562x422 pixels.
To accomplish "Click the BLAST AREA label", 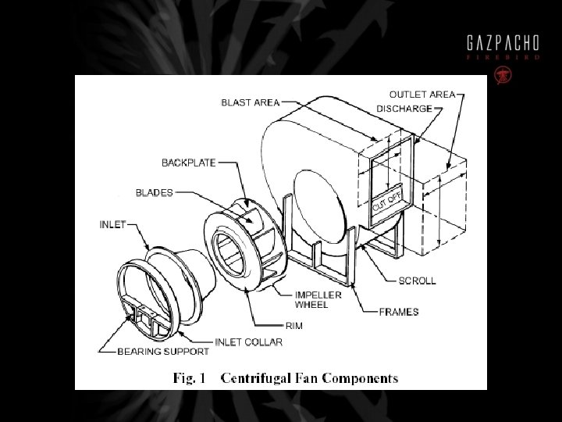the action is click(x=250, y=102).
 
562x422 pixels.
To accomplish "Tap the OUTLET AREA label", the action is click(x=421, y=95).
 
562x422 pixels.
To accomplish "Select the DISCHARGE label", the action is click(x=404, y=109).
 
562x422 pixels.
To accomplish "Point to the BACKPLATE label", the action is click(x=189, y=163).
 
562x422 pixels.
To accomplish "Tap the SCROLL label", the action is click(x=417, y=281).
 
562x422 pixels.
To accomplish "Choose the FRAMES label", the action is click(x=398, y=312).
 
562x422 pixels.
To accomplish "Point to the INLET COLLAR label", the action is click(x=248, y=342).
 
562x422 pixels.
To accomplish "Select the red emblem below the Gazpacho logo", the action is click(x=502, y=75).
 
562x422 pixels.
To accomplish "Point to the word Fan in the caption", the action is click(x=309, y=379).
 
